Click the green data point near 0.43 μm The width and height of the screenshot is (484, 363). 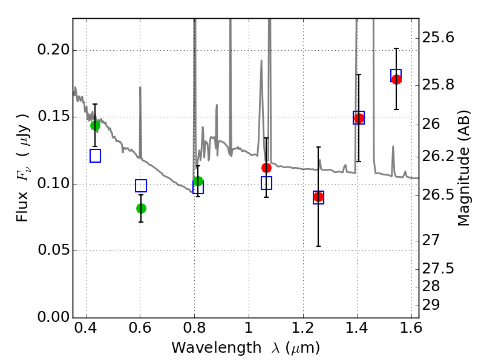coord(95,125)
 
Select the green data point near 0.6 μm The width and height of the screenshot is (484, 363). coord(141,208)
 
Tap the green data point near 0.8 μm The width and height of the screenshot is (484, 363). coord(198,181)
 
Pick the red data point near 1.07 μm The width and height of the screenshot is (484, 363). coord(266,168)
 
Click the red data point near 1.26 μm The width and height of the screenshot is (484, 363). coord(319,197)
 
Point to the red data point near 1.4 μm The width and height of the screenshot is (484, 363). coord(359,118)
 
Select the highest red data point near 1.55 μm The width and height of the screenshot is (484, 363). coord(396,79)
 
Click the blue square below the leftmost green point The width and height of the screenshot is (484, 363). coord(95,155)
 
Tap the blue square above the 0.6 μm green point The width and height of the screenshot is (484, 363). coord(141,186)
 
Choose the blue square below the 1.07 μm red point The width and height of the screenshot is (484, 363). coord(266,183)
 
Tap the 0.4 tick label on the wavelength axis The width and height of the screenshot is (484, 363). coord(86,330)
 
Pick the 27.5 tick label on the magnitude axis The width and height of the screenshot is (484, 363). coord(439,268)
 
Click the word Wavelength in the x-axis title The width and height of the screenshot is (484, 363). coord(206,348)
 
